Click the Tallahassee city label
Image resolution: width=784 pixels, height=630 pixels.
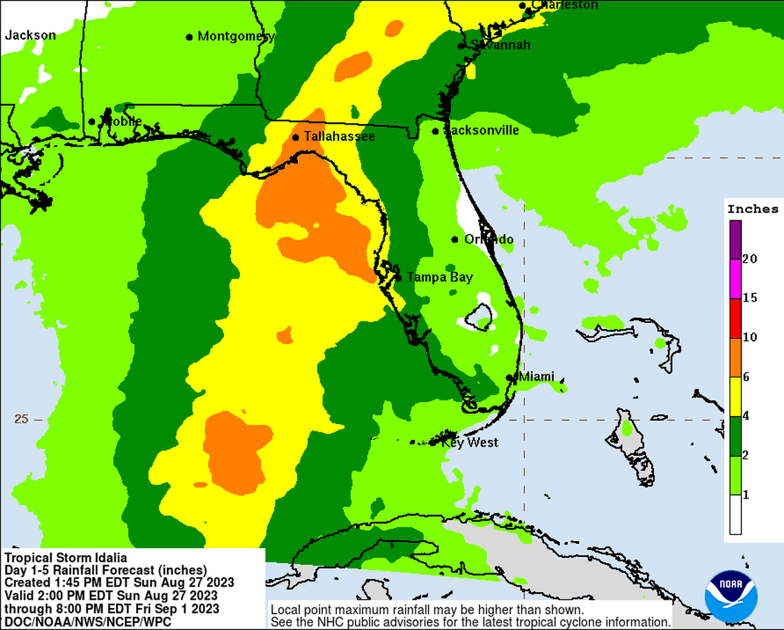pyautogui.click(x=339, y=137)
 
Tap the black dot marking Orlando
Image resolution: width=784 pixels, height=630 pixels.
pyautogui.click(x=455, y=240)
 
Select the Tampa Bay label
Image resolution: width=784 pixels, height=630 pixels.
pyautogui.click(x=439, y=277)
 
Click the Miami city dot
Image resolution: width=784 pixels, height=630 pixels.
pyautogui.click(x=509, y=377)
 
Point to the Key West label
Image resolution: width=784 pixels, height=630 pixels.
pyautogui.click(x=470, y=443)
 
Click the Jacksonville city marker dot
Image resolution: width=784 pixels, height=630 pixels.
pyautogui.click(x=435, y=131)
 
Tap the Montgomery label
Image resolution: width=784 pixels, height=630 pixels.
pyautogui.click(x=236, y=36)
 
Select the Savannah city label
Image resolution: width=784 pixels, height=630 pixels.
pyautogui.click(x=500, y=45)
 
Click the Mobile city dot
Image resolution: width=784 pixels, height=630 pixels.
pyautogui.click(x=91, y=122)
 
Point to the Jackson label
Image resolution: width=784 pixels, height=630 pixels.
pyautogui.click(x=30, y=35)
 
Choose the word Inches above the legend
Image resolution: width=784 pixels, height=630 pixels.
pyautogui.click(x=753, y=209)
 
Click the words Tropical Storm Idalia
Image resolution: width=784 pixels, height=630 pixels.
pyautogui.click(x=66, y=557)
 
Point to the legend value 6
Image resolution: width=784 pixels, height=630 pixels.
pyautogui.click(x=746, y=377)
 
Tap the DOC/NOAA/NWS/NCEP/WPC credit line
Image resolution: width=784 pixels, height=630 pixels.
pyautogui.click(x=88, y=621)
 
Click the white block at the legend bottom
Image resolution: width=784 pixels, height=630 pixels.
pyautogui.click(x=735, y=515)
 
